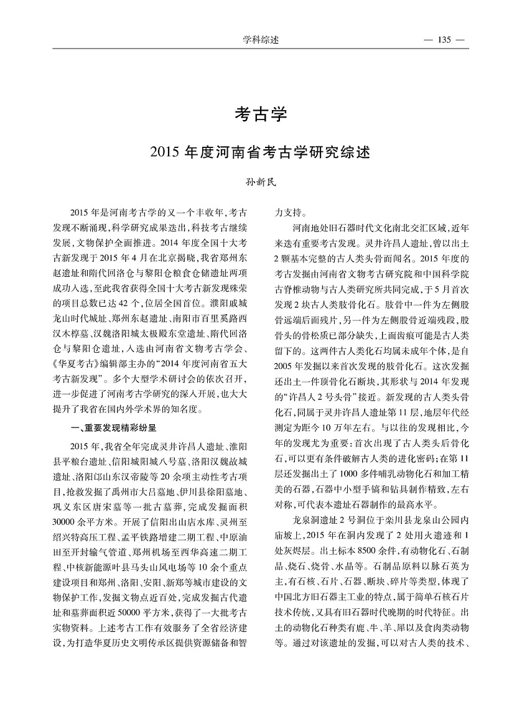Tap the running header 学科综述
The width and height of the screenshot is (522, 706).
click(261, 40)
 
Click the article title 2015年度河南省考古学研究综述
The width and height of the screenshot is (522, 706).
click(261, 151)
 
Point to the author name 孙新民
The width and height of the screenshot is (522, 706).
click(261, 182)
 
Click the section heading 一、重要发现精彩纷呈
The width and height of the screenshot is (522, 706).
click(115, 428)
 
